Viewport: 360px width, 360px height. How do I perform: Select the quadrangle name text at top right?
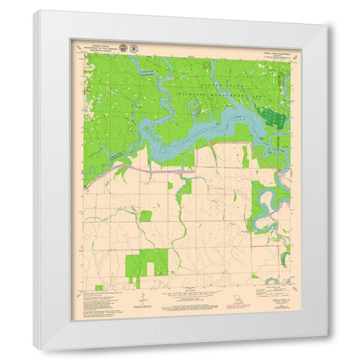268,47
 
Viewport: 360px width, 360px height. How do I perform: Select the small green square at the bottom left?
98,287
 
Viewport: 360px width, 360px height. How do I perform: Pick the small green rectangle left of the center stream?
145,215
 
